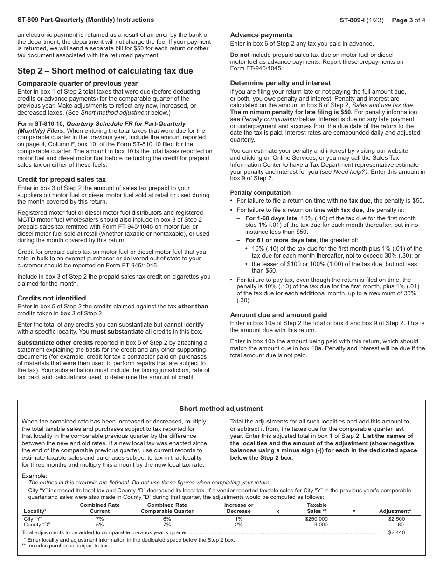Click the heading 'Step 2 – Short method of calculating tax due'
(105, 71)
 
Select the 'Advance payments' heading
(261, 35)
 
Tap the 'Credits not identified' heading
(52, 298)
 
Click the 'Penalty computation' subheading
(260, 192)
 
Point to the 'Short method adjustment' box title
(221, 409)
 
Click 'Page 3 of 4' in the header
(408, 20)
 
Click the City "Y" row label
(33, 519)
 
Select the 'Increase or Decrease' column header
(238, 508)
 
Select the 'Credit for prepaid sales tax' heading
(62, 179)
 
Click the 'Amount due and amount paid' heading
(278, 315)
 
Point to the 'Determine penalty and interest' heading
(280, 83)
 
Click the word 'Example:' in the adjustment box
(35, 476)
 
